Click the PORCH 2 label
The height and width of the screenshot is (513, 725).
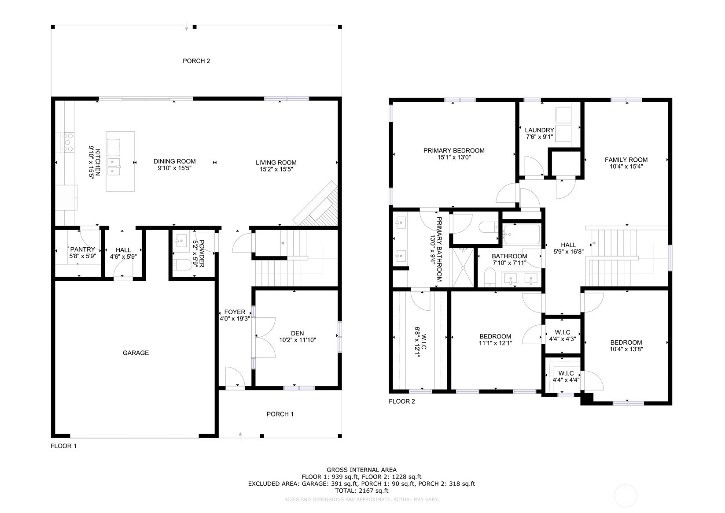pyautogui.click(x=196, y=61)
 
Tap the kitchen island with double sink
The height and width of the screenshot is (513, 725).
pyautogui.click(x=120, y=161)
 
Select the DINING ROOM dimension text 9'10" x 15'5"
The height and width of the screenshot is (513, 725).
pyautogui.click(x=175, y=168)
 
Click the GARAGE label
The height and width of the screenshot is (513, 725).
pyautogui.click(x=136, y=353)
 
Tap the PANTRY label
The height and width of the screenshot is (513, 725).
pyautogui.click(x=83, y=249)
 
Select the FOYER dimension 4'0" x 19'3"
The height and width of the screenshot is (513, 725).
pyautogui.click(x=235, y=319)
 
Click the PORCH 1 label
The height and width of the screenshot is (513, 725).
pyautogui.click(x=280, y=414)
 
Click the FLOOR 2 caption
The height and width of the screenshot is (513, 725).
pyautogui.click(x=401, y=401)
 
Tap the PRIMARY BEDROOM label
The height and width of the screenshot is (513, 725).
pyautogui.click(x=454, y=151)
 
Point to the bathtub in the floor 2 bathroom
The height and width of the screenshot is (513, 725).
pyautogui.click(x=522, y=234)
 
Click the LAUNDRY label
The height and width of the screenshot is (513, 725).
pyautogui.click(x=539, y=130)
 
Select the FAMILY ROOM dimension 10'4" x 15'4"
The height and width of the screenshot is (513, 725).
pyautogui.click(x=626, y=167)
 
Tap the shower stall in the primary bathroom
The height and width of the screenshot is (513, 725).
pyautogui.click(x=464, y=268)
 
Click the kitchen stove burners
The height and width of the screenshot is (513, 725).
pyautogui.click(x=69, y=143)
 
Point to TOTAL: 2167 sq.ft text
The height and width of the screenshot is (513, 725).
pyautogui.click(x=361, y=490)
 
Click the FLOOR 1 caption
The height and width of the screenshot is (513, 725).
pyautogui.click(x=64, y=446)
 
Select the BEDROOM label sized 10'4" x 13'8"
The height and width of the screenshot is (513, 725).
pyautogui.click(x=626, y=342)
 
